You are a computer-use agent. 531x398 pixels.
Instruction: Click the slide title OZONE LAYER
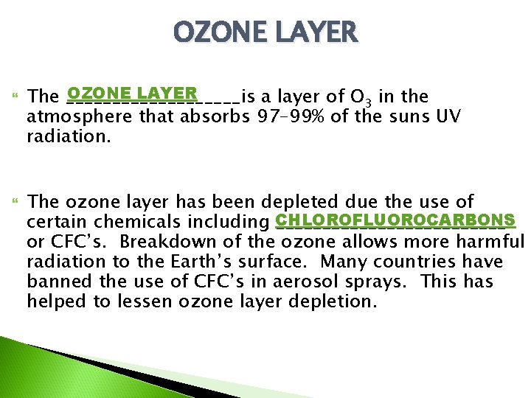click(x=265, y=32)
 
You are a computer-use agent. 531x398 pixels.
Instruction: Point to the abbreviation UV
click(x=449, y=116)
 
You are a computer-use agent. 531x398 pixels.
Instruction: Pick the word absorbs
click(x=215, y=116)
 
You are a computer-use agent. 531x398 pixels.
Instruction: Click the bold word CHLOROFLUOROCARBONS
click(x=395, y=221)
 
